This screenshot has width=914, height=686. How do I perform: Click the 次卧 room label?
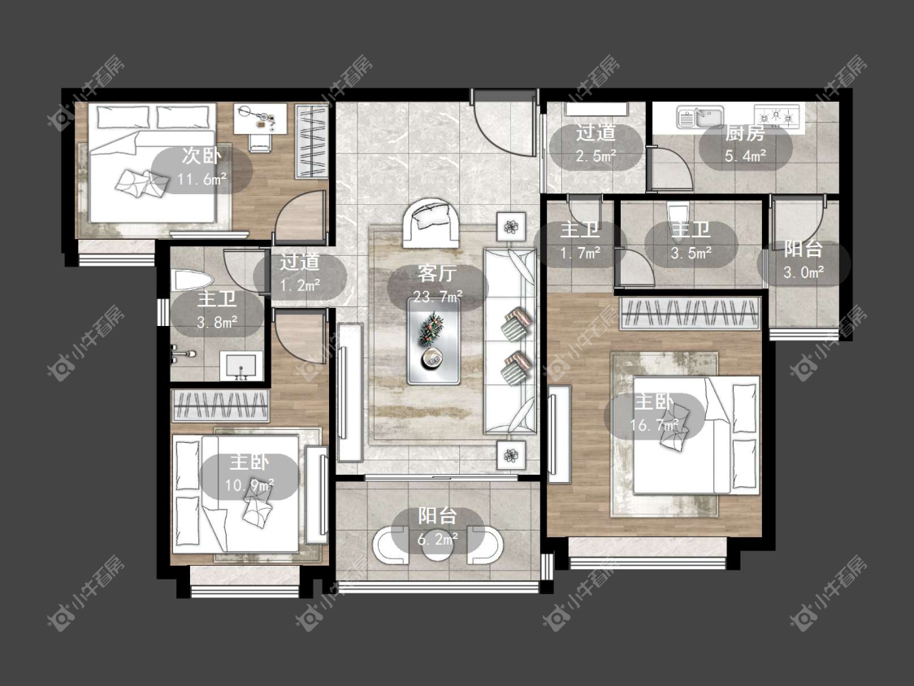(x=201, y=156)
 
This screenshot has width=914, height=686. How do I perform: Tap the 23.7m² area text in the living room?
(x=438, y=297)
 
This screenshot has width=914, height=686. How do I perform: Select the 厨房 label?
(x=745, y=133)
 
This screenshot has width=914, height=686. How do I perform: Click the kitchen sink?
(x=700, y=116)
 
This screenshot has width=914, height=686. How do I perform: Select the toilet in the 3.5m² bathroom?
(x=677, y=216)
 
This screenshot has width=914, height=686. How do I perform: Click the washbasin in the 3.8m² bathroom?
(x=238, y=367)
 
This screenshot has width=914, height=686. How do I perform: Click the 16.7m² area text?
(x=654, y=424)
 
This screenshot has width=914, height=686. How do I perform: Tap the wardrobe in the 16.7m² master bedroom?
(x=690, y=313)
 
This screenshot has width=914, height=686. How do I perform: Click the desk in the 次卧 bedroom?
(x=261, y=119)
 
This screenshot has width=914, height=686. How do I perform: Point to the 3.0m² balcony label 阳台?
(x=803, y=249)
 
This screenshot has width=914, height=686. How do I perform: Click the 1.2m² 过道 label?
(x=300, y=262)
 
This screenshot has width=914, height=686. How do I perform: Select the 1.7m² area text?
(x=580, y=253)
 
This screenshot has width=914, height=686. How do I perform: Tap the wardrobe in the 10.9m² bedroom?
(x=220, y=405)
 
